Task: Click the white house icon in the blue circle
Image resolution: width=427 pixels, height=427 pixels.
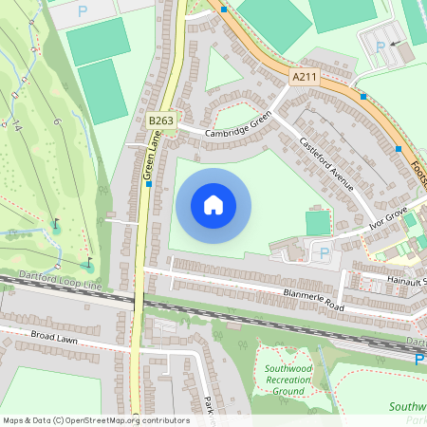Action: [x=213, y=205]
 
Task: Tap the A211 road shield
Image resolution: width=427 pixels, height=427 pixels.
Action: [x=304, y=77]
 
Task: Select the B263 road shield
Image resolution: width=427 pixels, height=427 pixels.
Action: [x=159, y=121]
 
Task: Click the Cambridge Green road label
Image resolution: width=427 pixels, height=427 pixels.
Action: [x=238, y=124]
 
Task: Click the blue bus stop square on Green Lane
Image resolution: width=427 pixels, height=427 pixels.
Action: [x=150, y=184]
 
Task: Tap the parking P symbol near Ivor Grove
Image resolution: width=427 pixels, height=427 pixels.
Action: [x=325, y=253]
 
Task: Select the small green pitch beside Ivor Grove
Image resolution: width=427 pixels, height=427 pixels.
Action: [x=318, y=223]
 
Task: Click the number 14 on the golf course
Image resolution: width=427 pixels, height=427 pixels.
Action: [x=18, y=127]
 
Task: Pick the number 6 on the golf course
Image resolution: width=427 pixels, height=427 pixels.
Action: [x=56, y=121]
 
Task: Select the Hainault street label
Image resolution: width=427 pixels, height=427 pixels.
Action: [x=407, y=282]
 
